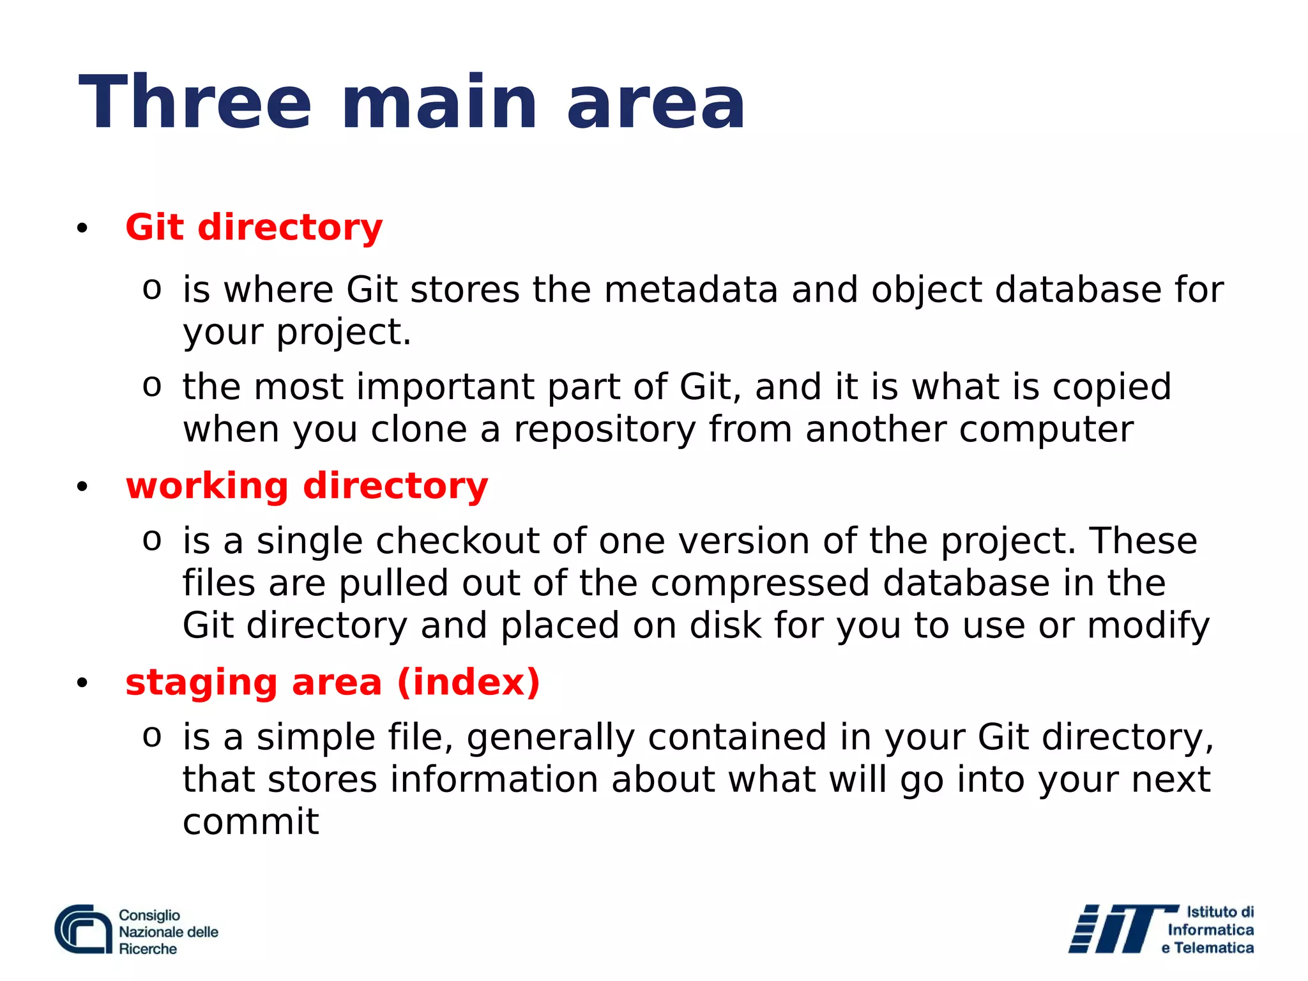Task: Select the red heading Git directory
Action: [254, 227]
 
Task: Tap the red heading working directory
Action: [307, 486]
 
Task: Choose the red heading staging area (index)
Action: [332, 682]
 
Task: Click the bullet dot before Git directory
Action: [82, 229]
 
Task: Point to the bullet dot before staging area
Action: [82, 683]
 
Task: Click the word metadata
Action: [690, 290]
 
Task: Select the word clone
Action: [418, 429]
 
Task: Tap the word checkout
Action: [457, 542]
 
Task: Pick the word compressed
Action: [759, 584]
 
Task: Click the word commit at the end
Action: [250, 822]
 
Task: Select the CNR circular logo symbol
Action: [84, 929]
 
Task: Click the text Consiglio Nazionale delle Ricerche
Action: [167, 932]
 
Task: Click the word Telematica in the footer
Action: [1213, 948]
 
